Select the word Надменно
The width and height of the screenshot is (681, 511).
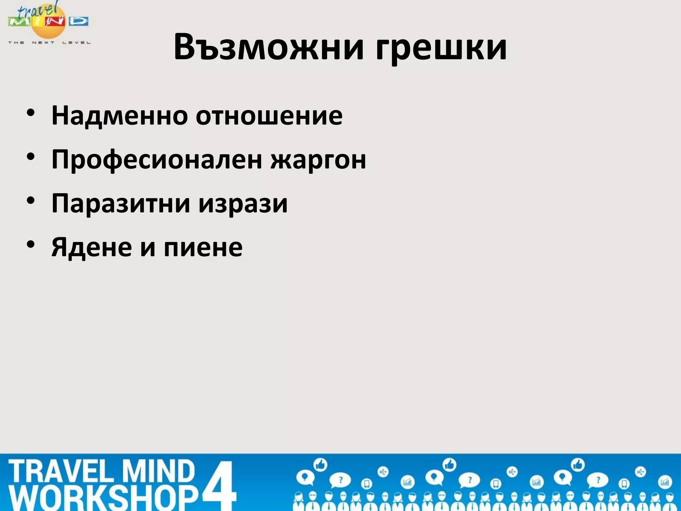(119, 115)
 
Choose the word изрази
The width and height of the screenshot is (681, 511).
(243, 204)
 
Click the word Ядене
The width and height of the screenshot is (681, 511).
(91, 247)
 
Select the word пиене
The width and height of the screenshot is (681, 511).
(203, 247)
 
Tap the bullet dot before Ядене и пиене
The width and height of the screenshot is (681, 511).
(31, 245)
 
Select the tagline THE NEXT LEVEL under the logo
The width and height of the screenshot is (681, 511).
(49, 43)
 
